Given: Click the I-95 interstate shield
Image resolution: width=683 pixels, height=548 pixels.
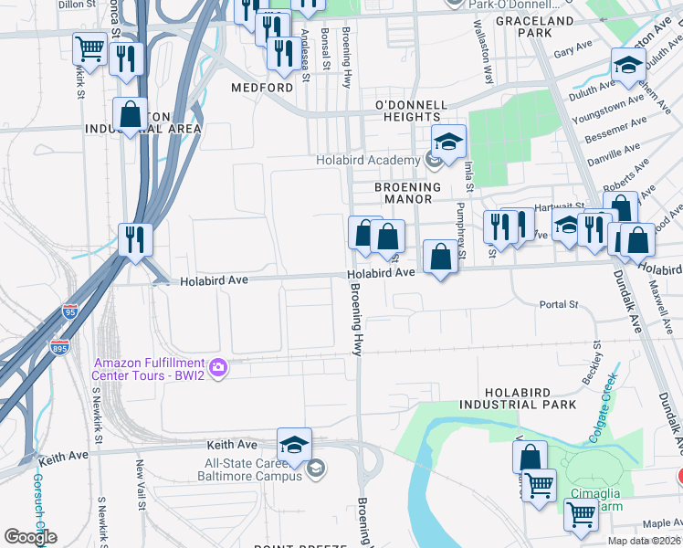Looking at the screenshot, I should click(70, 311).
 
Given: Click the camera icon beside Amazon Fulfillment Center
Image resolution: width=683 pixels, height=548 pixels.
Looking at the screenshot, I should click(218, 369).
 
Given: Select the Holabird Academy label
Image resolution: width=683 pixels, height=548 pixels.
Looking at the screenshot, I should click(368, 161).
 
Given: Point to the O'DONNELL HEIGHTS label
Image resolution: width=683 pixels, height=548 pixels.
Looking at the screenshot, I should click(408, 111).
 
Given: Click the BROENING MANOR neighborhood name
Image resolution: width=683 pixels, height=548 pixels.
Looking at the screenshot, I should click(408, 193).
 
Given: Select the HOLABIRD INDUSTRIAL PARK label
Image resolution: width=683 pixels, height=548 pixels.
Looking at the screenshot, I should click(518, 397).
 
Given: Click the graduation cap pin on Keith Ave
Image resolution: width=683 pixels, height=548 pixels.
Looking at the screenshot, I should click(294, 444).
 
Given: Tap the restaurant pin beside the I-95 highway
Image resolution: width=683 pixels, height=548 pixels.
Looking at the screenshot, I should click(135, 240).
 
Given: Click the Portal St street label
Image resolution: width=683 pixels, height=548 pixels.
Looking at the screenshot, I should click(559, 304).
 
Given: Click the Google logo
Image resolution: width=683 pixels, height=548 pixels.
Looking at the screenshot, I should click(30, 537).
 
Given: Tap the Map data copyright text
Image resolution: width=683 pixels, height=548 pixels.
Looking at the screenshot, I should click(644, 541).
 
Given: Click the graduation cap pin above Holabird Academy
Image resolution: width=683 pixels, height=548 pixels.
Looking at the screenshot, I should click(448, 142).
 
